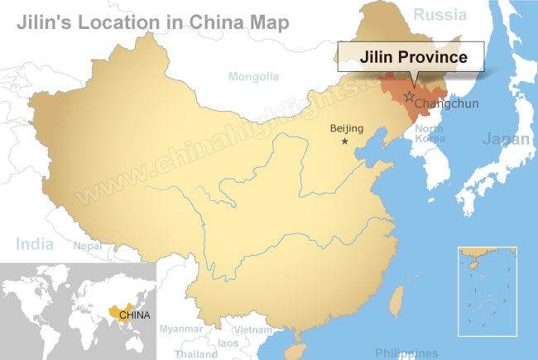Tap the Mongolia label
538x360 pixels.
click(x=253, y=77)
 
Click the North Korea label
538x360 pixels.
click(x=430, y=133)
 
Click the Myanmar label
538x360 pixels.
click(x=181, y=329)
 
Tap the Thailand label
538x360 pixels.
click(x=196, y=353)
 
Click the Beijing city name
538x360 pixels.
click(x=347, y=127)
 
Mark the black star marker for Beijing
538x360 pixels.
click(x=345, y=142)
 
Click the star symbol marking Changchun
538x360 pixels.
click(x=409, y=97)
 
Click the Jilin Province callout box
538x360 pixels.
click(x=413, y=57)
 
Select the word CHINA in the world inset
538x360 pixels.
click(x=135, y=314)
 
